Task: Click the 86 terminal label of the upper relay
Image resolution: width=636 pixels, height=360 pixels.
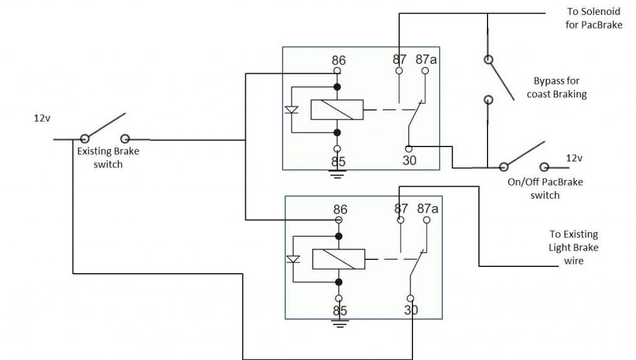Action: coord(338,60)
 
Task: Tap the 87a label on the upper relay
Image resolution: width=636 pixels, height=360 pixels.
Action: coord(426,60)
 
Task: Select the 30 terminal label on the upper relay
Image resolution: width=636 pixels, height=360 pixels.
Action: coord(409,161)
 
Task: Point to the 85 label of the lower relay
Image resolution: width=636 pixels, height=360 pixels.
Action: coord(340,311)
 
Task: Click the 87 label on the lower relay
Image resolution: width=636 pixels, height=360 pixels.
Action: coord(401,209)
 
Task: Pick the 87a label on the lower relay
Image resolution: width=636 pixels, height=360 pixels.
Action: coord(427,209)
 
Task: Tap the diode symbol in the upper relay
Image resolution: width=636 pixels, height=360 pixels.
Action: coord(292,110)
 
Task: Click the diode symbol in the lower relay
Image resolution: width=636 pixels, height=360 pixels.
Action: coord(293,259)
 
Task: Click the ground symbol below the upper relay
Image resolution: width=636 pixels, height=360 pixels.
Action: coord(337,174)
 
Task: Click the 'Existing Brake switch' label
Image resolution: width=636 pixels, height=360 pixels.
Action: coord(108,158)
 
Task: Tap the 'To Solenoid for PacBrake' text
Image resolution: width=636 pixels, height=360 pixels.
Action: coord(594,18)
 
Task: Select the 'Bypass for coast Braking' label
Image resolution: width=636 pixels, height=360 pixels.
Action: coord(556,88)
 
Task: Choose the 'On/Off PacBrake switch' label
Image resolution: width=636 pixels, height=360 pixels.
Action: coord(545,189)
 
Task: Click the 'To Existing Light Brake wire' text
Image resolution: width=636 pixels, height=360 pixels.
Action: coord(573,247)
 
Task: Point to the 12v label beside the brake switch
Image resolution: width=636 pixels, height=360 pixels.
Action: coord(42,119)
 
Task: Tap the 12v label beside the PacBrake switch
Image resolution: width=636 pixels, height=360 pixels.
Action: coord(574,158)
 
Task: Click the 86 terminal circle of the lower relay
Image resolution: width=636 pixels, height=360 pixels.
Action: coord(338,220)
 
